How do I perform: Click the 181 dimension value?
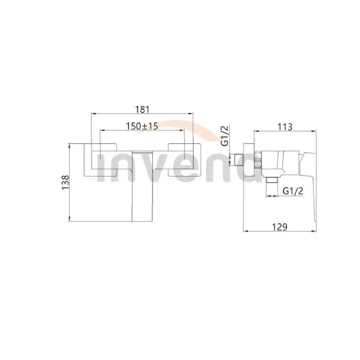click(x=142, y=109)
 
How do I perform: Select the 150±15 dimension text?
click(x=142, y=127)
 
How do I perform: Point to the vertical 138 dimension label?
click(x=66, y=183)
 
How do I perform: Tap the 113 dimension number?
click(x=285, y=127)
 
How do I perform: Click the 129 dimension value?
click(x=280, y=227)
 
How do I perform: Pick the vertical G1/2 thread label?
click(x=226, y=136)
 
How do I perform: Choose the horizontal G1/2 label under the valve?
click(x=293, y=191)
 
